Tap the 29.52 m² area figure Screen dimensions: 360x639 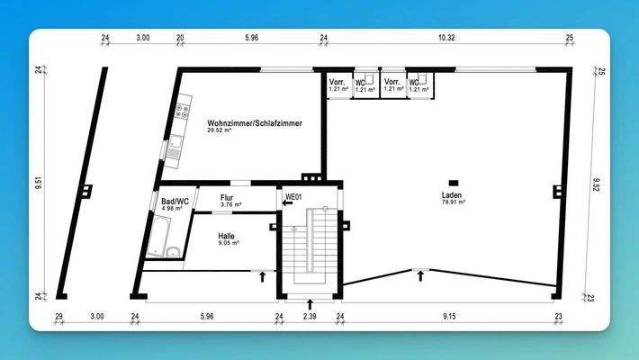(x=220, y=130)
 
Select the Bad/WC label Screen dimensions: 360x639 (x=175, y=202)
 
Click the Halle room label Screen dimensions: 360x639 (x=228, y=235)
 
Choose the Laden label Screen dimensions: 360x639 (x=452, y=195)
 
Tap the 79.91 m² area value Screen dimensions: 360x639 (x=453, y=202)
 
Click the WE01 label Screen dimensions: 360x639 (x=292, y=195)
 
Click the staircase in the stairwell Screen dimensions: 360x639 (x=310, y=247)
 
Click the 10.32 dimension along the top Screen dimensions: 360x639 (x=445, y=37)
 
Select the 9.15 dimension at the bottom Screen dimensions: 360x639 (x=447, y=316)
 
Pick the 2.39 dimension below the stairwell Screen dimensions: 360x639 (x=309, y=316)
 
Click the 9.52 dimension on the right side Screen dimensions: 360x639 (x=595, y=184)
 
